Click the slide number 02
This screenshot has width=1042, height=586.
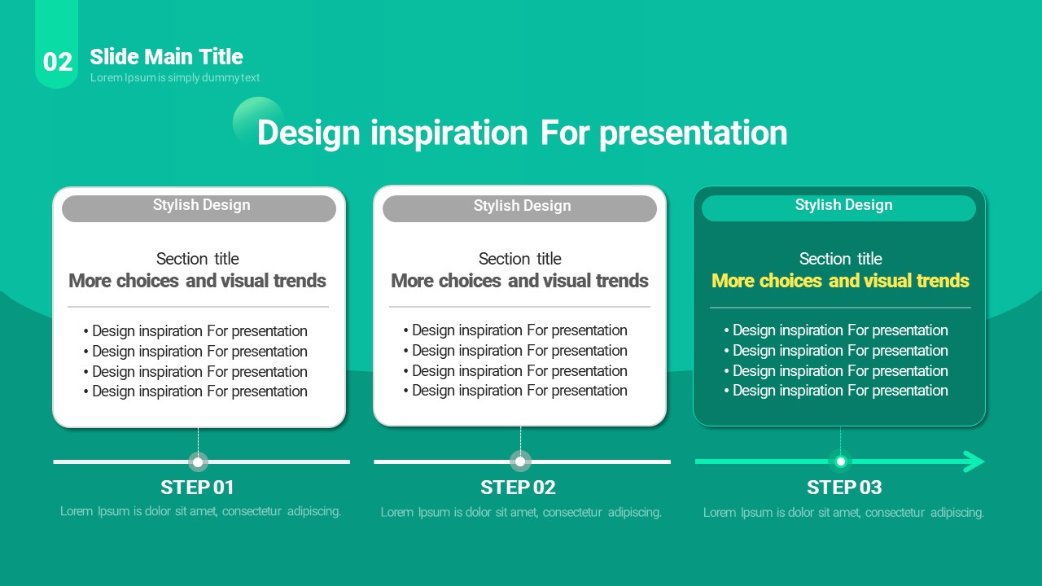pyautogui.click(x=58, y=62)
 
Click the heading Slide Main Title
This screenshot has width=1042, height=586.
pyautogui.click(x=166, y=57)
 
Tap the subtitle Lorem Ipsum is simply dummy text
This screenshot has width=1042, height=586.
pyautogui.click(x=175, y=77)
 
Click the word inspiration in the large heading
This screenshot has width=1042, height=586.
pyautogui.click(x=449, y=133)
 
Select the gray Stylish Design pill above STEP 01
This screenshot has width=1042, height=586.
pyautogui.click(x=199, y=208)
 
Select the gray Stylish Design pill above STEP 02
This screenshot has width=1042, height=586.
pyautogui.click(x=519, y=208)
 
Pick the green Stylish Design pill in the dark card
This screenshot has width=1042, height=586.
pyautogui.click(x=838, y=208)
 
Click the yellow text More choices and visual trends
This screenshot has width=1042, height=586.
pyautogui.click(x=840, y=281)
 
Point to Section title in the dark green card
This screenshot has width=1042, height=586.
pyautogui.click(x=841, y=259)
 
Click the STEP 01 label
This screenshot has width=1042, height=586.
pyautogui.click(x=197, y=488)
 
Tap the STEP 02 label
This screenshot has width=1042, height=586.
pyautogui.click(x=518, y=488)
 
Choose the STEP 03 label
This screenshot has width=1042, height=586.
pyautogui.click(x=844, y=488)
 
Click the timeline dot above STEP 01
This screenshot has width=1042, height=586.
pyautogui.click(x=198, y=461)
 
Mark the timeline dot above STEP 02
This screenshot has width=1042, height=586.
pyautogui.click(x=520, y=461)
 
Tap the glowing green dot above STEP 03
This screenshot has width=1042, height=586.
pyautogui.click(x=841, y=461)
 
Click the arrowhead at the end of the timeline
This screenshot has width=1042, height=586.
pyautogui.click(x=974, y=461)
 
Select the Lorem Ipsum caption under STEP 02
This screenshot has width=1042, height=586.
pyautogui.click(x=521, y=513)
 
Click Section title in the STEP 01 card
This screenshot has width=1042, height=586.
pyautogui.click(x=198, y=259)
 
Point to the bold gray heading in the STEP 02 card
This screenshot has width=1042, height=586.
pyautogui.click(x=519, y=281)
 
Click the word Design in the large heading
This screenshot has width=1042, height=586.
pyautogui.click(x=309, y=133)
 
